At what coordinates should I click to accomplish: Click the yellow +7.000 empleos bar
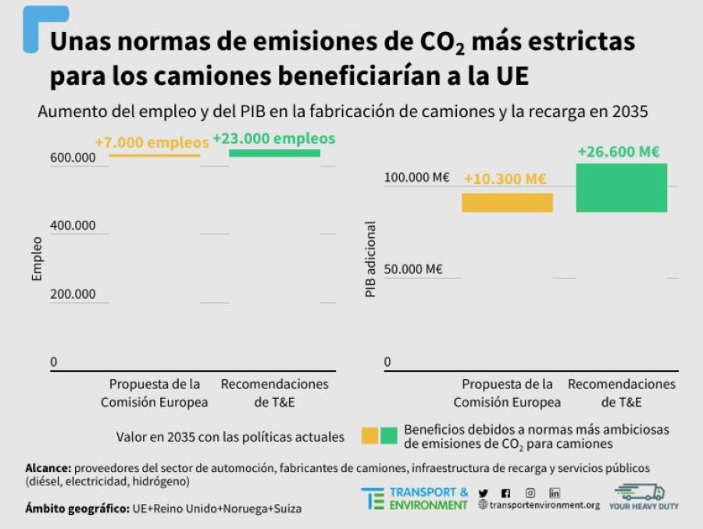[x=155, y=155]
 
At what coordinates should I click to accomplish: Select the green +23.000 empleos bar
[x=274, y=153]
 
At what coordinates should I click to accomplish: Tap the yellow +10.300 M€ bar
[x=507, y=203]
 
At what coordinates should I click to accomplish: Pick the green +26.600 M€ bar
[x=622, y=187]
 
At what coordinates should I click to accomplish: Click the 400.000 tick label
[x=73, y=225]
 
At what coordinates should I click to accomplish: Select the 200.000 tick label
[x=73, y=294]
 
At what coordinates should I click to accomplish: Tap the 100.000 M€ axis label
[x=416, y=177]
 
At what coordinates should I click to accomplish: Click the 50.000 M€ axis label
[x=413, y=269]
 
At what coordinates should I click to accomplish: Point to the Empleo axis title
[x=37, y=263]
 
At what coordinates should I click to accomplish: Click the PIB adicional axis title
[x=370, y=260]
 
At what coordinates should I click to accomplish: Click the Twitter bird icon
[x=483, y=493]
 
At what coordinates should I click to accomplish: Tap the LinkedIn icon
[x=555, y=492]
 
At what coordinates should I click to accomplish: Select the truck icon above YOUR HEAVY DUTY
[x=639, y=492]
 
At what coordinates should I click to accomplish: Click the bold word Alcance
[x=48, y=467]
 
